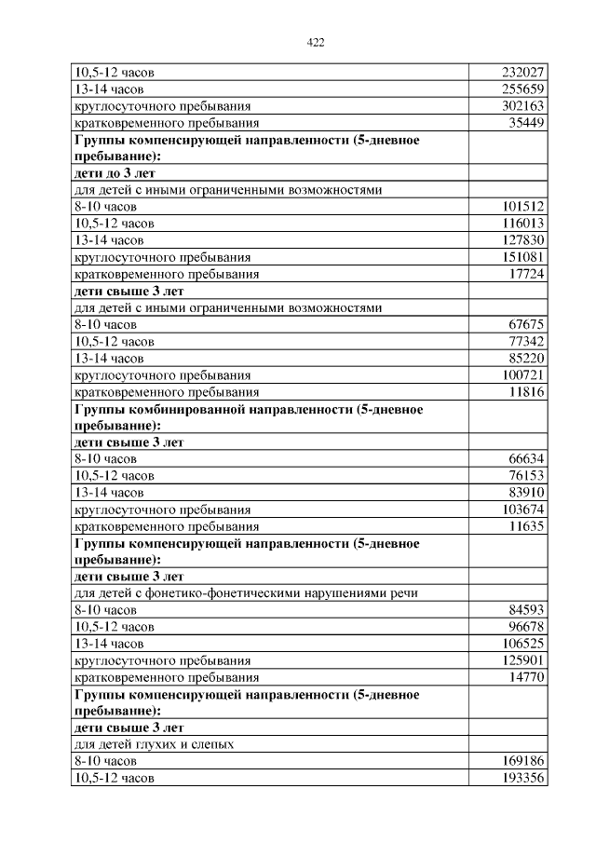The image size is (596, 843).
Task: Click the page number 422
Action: click(315, 42)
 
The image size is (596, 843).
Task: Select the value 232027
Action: click(521, 73)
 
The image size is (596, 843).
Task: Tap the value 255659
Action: click(521, 89)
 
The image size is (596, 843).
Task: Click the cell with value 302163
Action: click(521, 106)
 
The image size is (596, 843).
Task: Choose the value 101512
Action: click(521, 207)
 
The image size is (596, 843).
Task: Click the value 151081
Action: click(521, 257)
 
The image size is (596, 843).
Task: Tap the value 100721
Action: click(521, 374)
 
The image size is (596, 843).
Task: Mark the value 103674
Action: click(521, 509)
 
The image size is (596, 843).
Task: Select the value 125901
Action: click(521, 659)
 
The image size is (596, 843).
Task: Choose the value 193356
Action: click(521, 777)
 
